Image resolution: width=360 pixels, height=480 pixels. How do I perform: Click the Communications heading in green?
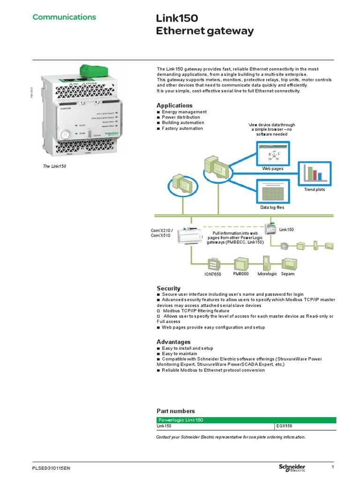point(64,17)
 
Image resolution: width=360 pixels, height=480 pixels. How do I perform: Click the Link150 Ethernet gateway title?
point(204,25)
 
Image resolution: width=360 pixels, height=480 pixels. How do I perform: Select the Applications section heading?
point(174,105)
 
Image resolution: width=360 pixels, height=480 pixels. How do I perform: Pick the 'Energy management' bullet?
point(184,112)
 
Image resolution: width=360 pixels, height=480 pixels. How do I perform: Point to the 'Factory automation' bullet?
point(182,128)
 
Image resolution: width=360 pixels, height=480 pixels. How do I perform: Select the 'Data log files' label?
point(272,207)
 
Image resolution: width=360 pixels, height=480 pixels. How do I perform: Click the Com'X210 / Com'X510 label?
point(162,232)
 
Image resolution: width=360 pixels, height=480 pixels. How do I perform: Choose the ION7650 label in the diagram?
point(212,274)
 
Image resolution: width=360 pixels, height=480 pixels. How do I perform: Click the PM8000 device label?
point(241,274)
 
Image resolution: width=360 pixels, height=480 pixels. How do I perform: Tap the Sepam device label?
point(288,274)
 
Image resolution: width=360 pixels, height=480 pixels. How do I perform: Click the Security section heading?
point(168,288)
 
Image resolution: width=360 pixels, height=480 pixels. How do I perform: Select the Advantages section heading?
point(173,342)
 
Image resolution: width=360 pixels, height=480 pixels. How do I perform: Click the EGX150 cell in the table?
point(285,426)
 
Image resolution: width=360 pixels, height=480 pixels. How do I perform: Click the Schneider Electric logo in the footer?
point(292,468)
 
